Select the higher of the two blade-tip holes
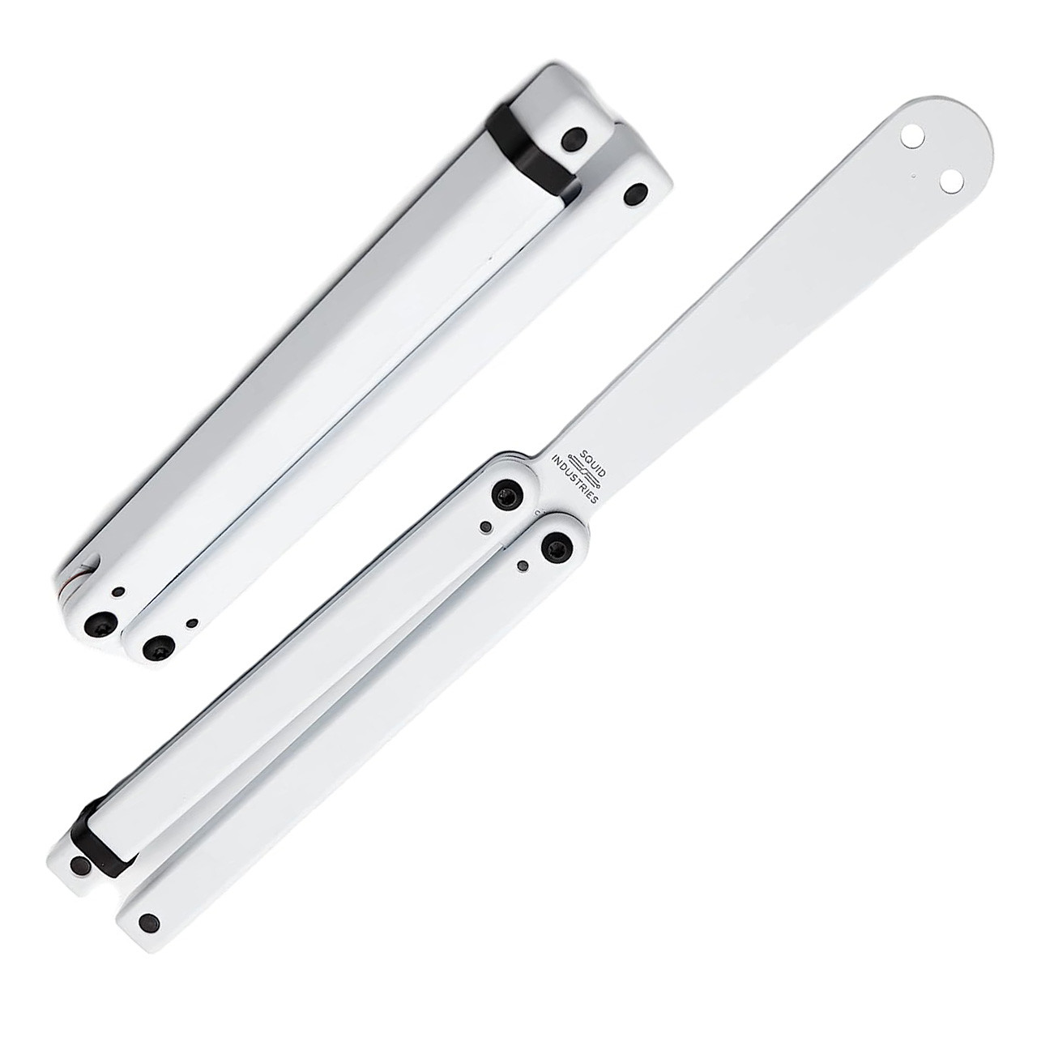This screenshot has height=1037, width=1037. click(911, 138)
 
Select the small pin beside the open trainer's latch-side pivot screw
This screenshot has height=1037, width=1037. click(485, 527)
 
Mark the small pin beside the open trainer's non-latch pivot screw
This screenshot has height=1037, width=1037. click(523, 566)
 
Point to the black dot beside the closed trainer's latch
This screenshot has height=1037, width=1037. click(576, 139)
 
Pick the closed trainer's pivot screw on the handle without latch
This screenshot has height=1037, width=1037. click(154, 647)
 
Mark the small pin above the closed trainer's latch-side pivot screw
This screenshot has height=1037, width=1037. click(119, 593)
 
